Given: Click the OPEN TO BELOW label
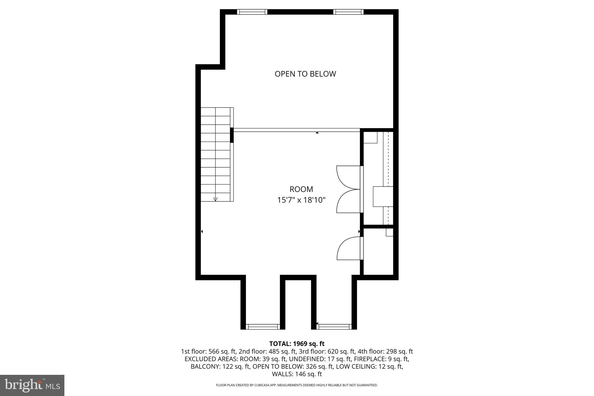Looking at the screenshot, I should pyautogui.click(x=305, y=74).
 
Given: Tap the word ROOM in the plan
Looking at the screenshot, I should pyautogui.click(x=301, y=189).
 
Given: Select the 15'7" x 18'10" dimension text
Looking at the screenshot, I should pyautogui.click(x=301, y=200).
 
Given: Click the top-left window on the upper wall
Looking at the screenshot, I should pyautogui.click(x=252, y=12).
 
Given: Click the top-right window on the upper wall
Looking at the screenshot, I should pyautogui.click(x=348, y=12).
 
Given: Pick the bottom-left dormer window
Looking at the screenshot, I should pyautogui.click(x=263, y=327).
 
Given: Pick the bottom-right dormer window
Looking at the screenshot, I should pyautogui.click(x=334, y=327).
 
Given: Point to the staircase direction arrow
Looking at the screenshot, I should pyautogui.click(x=215, y=199).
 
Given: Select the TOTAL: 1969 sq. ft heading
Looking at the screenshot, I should pyautogui.click(x=297, y=344).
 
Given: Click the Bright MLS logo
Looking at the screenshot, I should pyautogui.click(x=32, y=386).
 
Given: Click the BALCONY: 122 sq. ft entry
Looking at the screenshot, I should pyautogui.click(x=220, y=367).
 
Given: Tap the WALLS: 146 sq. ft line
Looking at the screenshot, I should pyautogui.click(x=297, y=374).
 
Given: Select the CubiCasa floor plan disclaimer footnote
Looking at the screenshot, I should pyautogui.click(x=297, y=385).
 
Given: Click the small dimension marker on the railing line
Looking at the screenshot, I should pyautogui.click(x=317, y=133).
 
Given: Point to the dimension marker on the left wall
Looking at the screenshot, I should pyautogui.click(x=202, y=232).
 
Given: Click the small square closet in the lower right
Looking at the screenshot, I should pyautogui.click(x=378, y=251).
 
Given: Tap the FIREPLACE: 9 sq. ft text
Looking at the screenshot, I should pyautogui.click(x=381, y=359).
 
